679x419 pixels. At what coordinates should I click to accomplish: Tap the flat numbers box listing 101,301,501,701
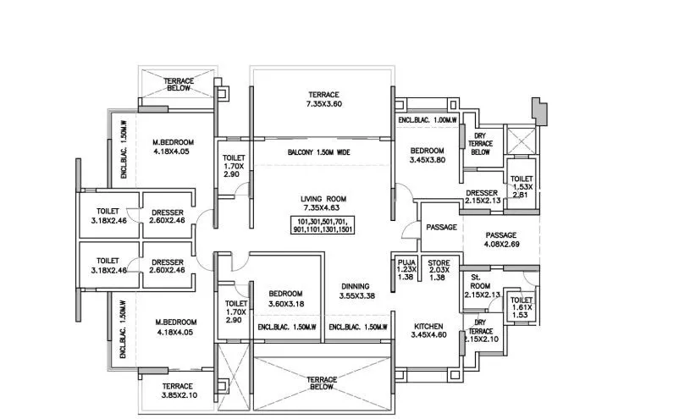point(323,224)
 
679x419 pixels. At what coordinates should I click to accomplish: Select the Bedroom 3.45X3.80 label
point(427,153)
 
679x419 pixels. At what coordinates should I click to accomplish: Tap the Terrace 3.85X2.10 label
point(178,390)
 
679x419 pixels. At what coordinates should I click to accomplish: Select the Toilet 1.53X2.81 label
point(521,185)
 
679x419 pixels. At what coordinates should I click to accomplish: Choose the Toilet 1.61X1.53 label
point(522,306)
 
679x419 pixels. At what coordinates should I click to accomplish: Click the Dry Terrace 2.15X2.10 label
point(480,333)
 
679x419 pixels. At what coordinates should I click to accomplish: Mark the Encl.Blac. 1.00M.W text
point(428,120)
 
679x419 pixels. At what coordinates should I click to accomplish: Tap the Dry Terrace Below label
point(480,144)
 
